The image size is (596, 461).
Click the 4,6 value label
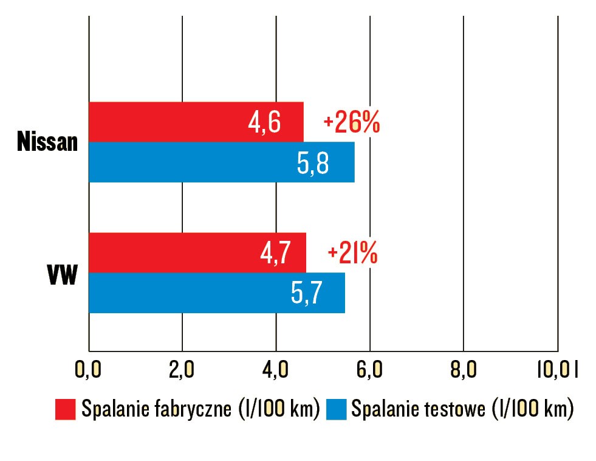(264, 123)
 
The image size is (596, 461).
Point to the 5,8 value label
(313, 163)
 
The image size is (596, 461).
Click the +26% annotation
(352, 123)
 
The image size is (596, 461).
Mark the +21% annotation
(352, 253)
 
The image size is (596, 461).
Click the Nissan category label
(48, 143)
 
